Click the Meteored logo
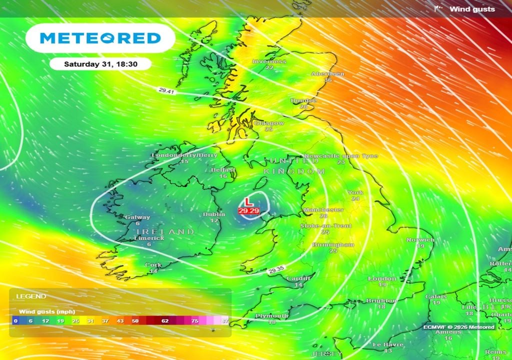click(100, 38)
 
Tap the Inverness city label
click(269, 61)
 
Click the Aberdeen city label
click(328, 74)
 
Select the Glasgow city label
click(269, 123)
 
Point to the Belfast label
click(223, 170)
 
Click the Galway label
click(137, 217)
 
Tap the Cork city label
click(153, 265)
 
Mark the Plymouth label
click(272, 316)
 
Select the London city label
click(382, 278)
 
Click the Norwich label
click(420, 240)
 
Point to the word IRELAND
click(165, 232)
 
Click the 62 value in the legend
click(165, 320)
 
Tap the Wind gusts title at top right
click(472, 9)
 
